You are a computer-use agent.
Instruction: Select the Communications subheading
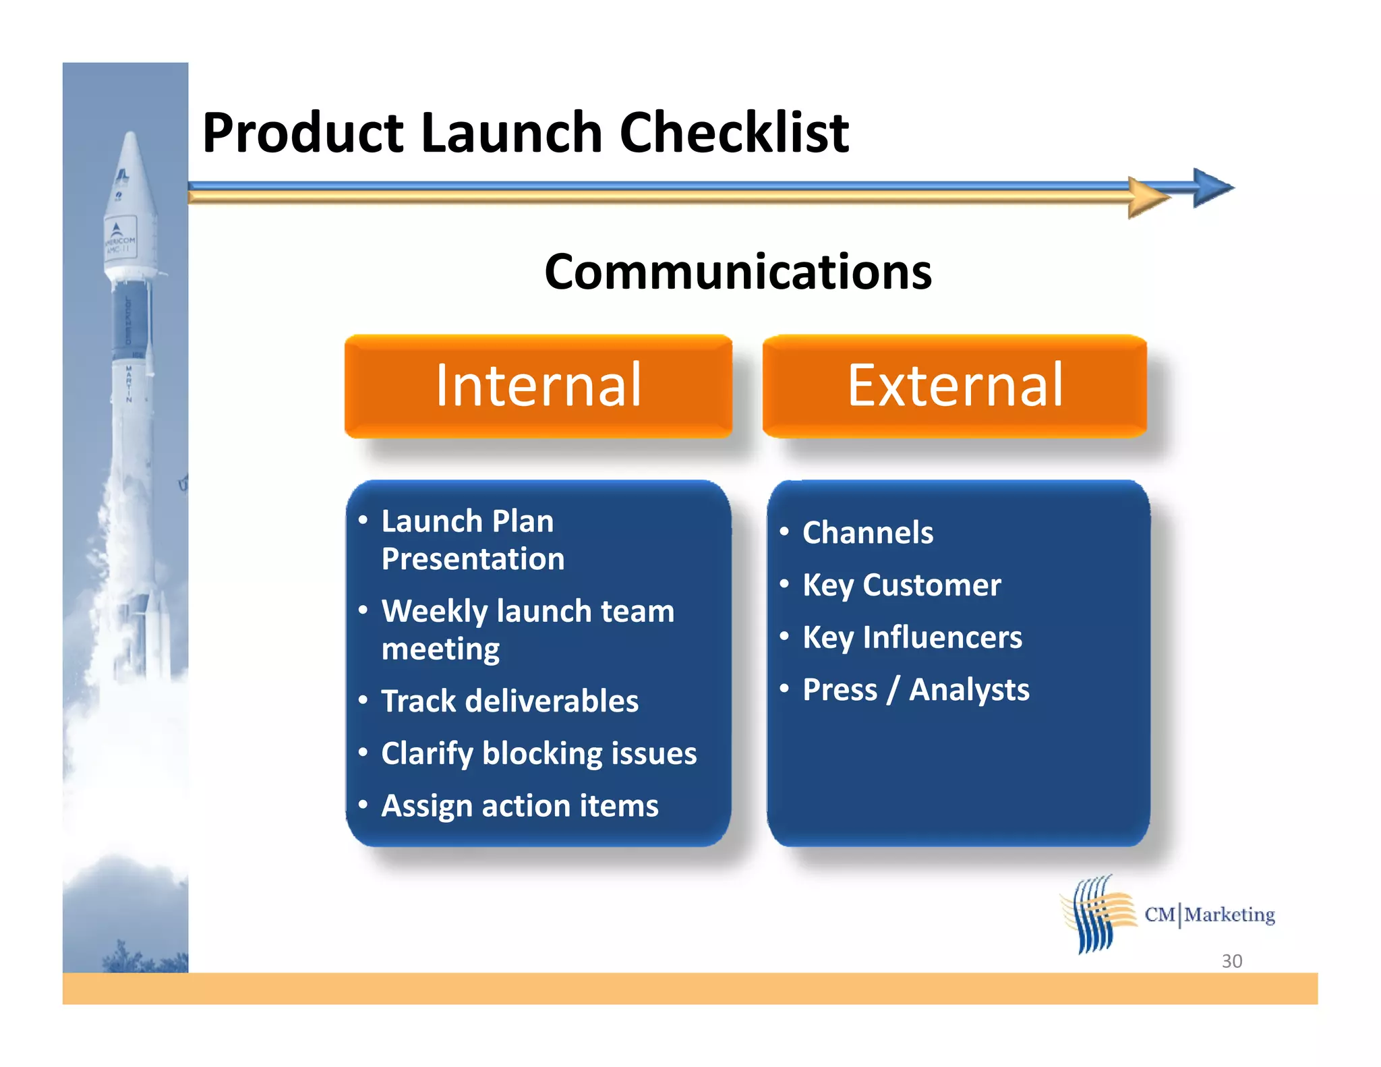coord(738,272)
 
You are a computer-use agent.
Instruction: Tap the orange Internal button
coord(538,386)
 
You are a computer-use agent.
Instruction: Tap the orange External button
coord(955,386)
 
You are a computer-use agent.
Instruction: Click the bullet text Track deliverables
coord(509,701)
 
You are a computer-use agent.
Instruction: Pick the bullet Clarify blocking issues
coord(538,753)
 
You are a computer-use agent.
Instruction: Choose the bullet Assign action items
coord(519,806)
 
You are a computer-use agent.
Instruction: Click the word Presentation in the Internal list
coord(473,559)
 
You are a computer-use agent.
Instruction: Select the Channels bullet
coord(867,533)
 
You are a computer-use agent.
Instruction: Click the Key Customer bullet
coord(901,585)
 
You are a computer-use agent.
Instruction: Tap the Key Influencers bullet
coord(912,637)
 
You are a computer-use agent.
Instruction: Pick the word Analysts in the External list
coord(969,690)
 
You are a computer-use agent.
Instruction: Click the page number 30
coord(1231,960)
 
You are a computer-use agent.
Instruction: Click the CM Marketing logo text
coord(1210,915)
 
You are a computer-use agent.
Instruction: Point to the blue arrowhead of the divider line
coord(1212,188)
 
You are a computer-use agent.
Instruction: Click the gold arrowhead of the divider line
coord(1148,198)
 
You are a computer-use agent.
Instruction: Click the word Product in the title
coord(303,133)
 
